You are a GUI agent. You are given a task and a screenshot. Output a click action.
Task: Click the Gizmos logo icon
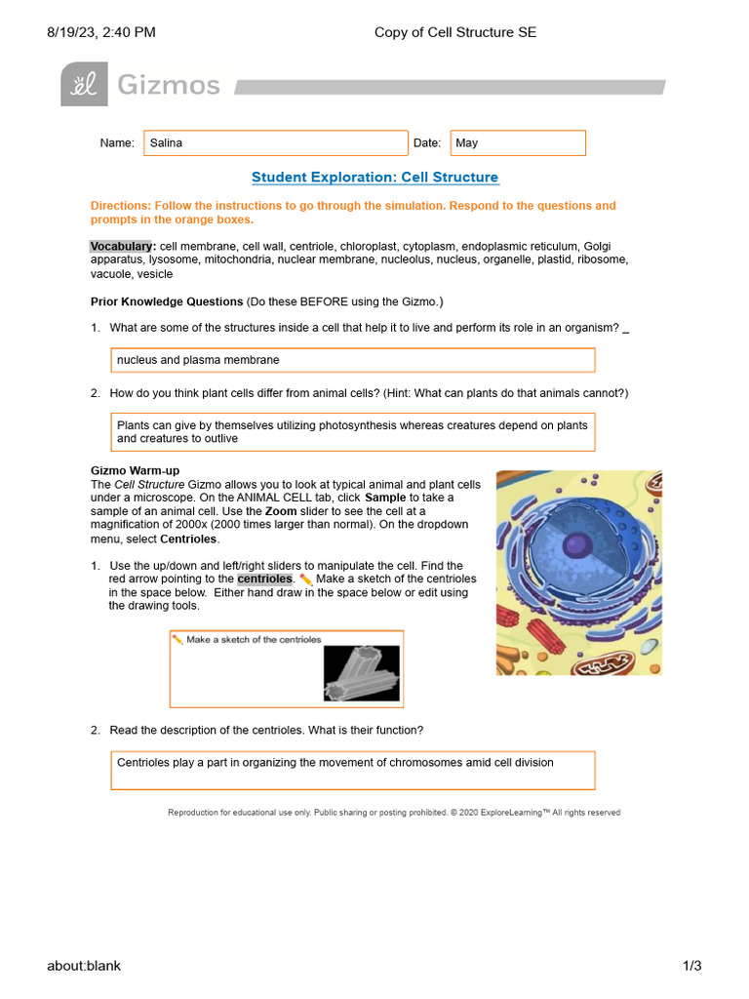pyautogui.click(x=84, y=85)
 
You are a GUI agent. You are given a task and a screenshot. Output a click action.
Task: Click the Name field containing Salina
pyautogui.click(x=275, y=143)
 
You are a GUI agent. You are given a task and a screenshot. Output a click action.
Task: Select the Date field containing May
pyautogui.click(x=517, y=143)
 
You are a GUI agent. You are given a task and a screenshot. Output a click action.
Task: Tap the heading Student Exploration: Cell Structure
pyautogui.click(x=374, y=178)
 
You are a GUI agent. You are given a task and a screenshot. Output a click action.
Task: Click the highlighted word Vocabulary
pyautogui.click(x=122, y=246)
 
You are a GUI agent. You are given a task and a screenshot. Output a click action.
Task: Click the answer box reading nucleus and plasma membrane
pyautogui.click(x=352, y=360)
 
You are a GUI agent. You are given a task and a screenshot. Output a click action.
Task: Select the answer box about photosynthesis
pyautogui.click(x=352, y=432)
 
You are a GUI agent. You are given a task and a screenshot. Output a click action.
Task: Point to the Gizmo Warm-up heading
pyautogui.click(x=135, y=471)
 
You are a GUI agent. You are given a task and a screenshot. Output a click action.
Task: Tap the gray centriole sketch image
pyautogui.click(x=362, y=674)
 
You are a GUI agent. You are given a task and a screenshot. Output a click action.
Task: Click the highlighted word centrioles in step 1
pyautogui.click(x=264, y=579)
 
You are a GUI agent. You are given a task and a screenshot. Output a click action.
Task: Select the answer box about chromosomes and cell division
pyautogui.click(x=352, y=770)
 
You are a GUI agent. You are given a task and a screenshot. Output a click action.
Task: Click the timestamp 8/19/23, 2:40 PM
pyautogui.click(x=101, y=32)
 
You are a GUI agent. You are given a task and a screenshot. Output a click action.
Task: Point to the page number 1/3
pyautogui.click(x=691, y=966)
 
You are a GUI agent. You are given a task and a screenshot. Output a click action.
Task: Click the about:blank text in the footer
pyautogui.click(x=84, y=966)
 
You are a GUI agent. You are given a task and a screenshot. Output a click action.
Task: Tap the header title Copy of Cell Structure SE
pyautogui.click(x=455, y=32)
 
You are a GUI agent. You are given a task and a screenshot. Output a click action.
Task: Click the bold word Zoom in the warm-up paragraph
pyautogui.click(x=281, y=511)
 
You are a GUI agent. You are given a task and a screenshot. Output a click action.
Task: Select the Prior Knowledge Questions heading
pyautogui.click(x=167, y=301)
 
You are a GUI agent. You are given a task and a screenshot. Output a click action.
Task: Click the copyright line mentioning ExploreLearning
pyautogui.click(x=394, y=813)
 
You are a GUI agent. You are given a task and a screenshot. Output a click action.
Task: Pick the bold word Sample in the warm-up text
pyautogui.click(x=385, y=498)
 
